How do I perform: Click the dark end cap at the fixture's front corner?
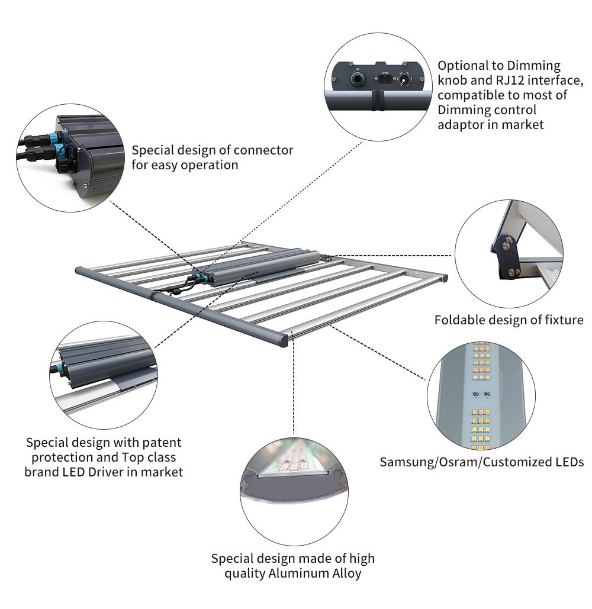point(281,340)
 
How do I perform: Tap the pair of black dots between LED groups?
point(480,392)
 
